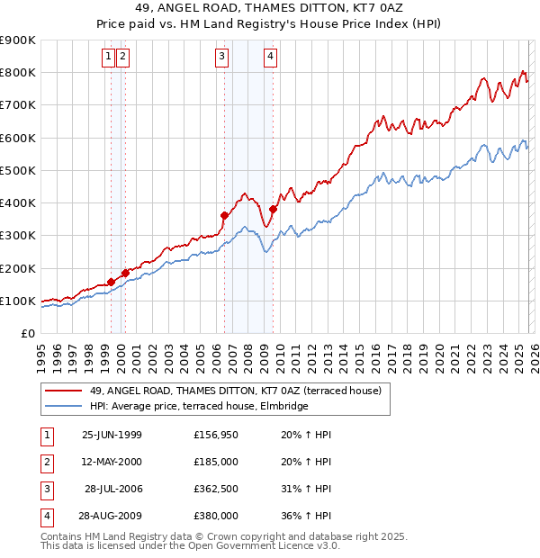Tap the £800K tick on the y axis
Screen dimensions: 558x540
[x=18, y=73]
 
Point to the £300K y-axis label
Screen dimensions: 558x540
[x=18, y=236]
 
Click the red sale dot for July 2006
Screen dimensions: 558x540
[x=224, y=215]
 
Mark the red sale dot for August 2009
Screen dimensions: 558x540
[x=273, y=210]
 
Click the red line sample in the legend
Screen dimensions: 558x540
[x=63, y=391]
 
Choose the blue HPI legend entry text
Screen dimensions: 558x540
[x=199, y=406]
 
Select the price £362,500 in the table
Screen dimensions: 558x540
[x=216, y=489]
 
